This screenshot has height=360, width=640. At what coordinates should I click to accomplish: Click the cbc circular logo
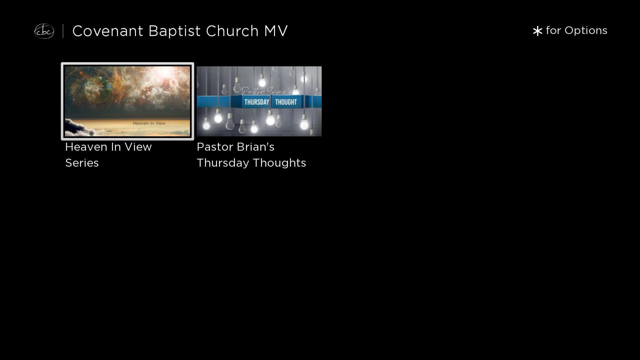44,31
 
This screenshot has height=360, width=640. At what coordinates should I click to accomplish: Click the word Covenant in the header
108,31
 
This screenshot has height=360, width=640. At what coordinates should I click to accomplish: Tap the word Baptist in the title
175,31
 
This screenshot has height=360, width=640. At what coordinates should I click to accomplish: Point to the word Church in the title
232,31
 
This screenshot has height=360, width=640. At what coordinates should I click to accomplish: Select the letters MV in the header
276,31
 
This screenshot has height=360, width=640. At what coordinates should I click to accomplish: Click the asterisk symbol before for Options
537,31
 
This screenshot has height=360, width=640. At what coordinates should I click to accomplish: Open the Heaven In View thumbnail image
127,101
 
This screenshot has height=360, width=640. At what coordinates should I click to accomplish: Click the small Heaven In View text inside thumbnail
149,123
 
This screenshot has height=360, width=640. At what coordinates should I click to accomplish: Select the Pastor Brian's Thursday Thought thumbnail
259,101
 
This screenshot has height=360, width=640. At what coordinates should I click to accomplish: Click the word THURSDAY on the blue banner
257,102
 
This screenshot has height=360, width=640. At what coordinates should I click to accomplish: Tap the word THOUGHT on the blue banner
286,102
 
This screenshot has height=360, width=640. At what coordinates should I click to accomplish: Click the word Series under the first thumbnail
82,163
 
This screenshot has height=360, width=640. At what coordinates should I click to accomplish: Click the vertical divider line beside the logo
63,31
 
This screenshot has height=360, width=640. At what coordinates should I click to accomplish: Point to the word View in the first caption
139,147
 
